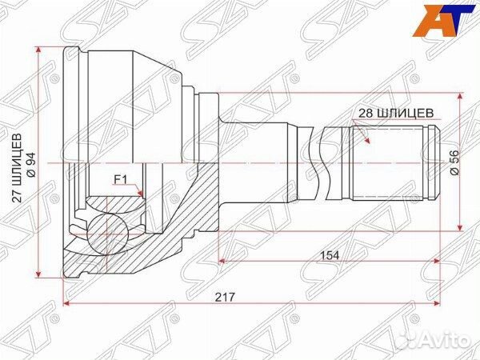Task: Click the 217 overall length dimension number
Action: (225, 296)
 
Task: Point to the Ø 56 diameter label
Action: (454, 162)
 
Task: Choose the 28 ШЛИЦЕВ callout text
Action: (396, 114)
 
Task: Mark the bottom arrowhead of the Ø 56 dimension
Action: (460, 228)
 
